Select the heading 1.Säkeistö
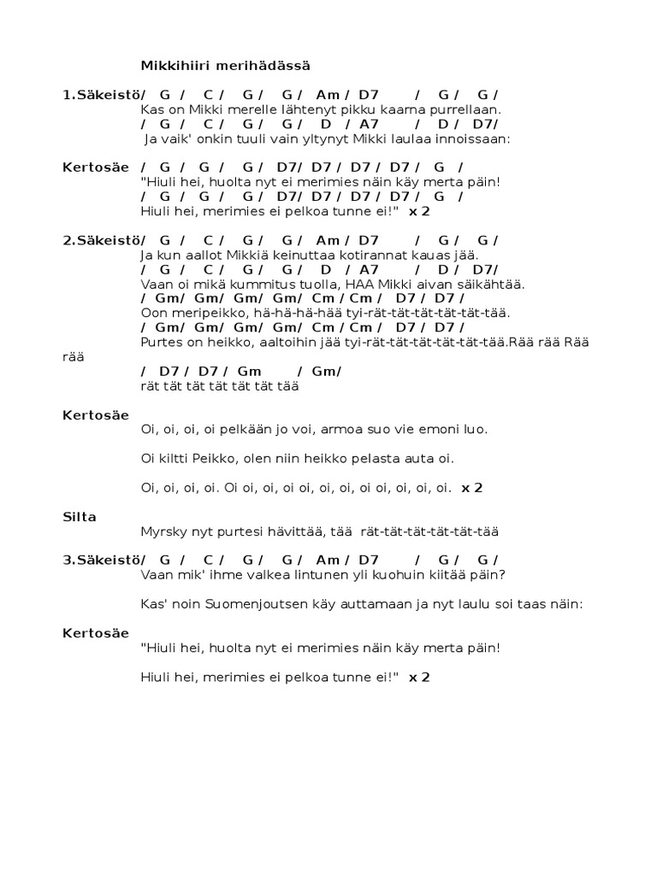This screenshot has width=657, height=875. click(x=102, y=95)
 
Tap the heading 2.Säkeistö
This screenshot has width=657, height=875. click(x=102, y=240)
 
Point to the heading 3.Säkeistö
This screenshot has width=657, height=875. click(x=102, y=560)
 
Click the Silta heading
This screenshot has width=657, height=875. click(x=80, y=516)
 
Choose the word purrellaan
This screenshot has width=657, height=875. click(x=466, y=109)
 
